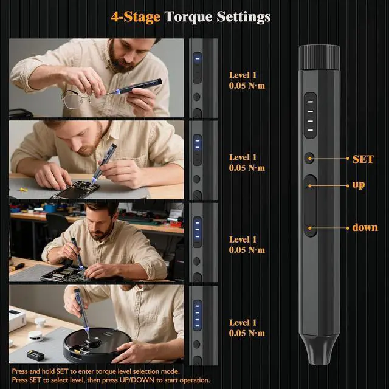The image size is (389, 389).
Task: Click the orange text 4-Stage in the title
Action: pyautogui.click(x=136, y=17)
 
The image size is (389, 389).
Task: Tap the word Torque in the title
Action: pyautogui.click(x=188, y=18)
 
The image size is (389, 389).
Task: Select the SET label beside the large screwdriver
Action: pyautogui.click(x=363, y=159)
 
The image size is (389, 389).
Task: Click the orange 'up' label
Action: pyautogui.click(x=359, y=185)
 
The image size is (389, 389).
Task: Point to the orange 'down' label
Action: pyautogui.click(x=365, y=227)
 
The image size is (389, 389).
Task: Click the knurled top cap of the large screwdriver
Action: pyautogui.click(x=319, y=57)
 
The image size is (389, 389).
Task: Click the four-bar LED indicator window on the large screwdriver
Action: pyautogui.click(x=310, y=115)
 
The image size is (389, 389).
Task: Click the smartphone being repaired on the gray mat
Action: pyautogui.click(x=75, y=190)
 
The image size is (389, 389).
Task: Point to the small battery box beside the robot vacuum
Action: pyautogui.click(x=35, y=355)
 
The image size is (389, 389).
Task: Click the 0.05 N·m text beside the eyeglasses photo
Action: pyautogui.click(x=247, y=86)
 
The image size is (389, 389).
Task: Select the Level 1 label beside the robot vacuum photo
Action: pyautogui.click(x=243, y=323)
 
